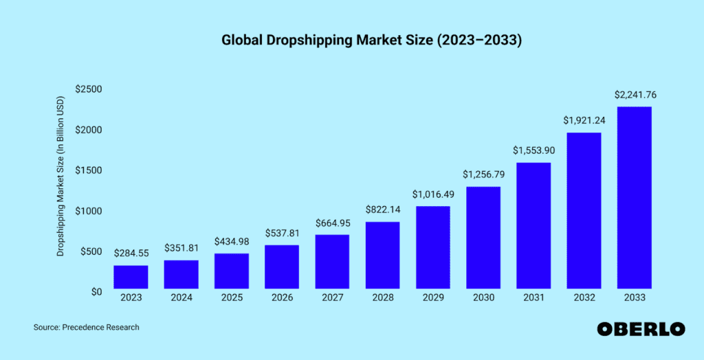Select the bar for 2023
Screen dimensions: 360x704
(131, 276)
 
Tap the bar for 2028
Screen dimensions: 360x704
(382, 255)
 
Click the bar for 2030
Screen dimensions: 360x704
(483, 237)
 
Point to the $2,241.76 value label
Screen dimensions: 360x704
(634, 95)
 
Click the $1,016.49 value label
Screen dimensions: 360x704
(432, 194)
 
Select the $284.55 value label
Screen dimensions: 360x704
(131, 254)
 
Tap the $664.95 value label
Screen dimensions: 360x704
(332, 223)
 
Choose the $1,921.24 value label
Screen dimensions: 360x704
(584, 120)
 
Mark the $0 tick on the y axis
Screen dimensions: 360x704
(94, 291)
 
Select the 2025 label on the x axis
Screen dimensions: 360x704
(232, 297)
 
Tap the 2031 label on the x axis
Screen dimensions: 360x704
(533, 297)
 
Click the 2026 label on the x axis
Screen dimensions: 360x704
(282, 297)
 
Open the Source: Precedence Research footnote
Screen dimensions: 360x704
(86, 328)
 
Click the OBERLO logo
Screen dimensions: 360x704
(641, 329)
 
